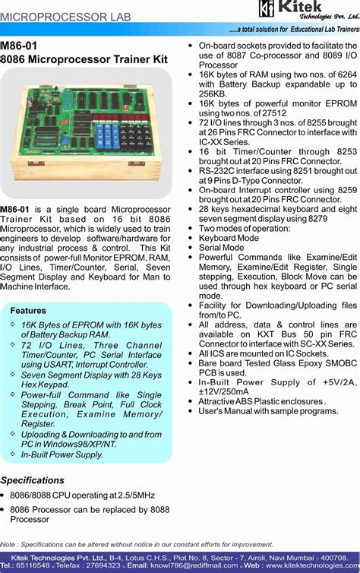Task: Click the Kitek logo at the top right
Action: pyautogui.click(x=307, y=11)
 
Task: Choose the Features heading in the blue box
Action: pyautogui.click(x=28, y=311)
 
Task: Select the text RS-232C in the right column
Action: pyautogui.click(x=216, y=171)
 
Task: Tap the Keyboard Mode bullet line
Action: pyautogui.click(x=229, y=238)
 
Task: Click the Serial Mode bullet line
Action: pyautogui.click(x=221, y=248)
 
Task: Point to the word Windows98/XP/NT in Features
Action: pyautogui.click(x=80, y=444)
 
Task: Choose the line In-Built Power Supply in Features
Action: pyautogui.click(x=62, y=454)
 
